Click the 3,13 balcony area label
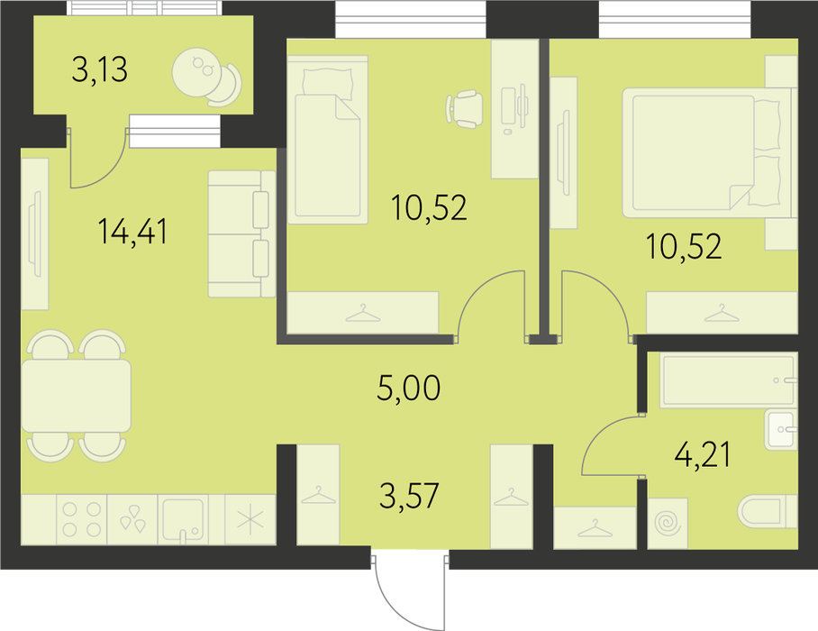(100, 70)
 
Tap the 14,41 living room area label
(132, 232)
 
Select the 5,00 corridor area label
(408, 388)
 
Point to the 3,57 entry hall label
(409, 495)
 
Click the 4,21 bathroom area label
(702, 454)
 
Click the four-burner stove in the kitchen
(81, 519)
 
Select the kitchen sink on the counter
(183, 519)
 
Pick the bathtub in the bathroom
(729, 380)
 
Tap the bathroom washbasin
(781, 430)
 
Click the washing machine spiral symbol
(668, 524)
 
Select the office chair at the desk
(464, 108)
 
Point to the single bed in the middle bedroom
(328, 140)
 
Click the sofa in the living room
(241, 233)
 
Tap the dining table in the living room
(77, 396)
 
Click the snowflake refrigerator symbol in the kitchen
(250, 520)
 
